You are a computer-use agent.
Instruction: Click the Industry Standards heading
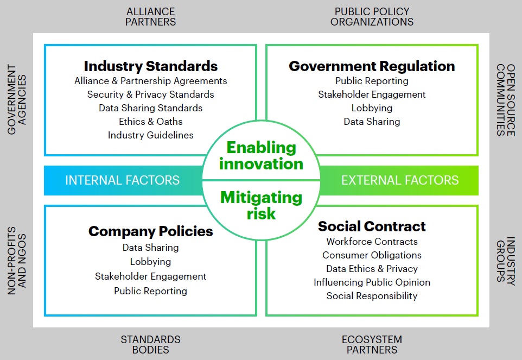coord(150,66)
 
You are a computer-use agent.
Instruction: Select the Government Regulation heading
coord(372,66)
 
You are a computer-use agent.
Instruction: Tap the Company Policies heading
coord(150,231)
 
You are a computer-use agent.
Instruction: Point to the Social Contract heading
coord(372,226)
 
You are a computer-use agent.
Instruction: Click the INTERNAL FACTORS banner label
coord(122,180)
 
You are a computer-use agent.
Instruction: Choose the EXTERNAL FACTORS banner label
coord(400,180)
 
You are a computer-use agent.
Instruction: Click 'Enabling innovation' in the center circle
coord(262,155)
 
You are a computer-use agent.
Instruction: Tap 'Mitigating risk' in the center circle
coord(262,205)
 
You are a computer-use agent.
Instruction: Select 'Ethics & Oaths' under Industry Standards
coord(150,121)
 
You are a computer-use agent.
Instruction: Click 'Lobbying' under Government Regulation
coord(372,108)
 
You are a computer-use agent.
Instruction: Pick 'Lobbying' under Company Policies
coord(150,262)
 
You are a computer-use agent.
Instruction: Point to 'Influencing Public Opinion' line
coord(372,282)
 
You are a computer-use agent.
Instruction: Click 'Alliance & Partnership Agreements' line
coord(150,81)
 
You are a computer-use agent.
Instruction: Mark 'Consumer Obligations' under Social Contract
coord(372,255)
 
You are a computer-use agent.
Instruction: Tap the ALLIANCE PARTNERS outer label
coord(150,17)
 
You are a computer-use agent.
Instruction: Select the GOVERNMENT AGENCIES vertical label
coord(17,99)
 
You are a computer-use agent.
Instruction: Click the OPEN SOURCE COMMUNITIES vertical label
coord(506,100)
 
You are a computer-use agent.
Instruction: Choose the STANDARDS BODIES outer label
coord(150,345)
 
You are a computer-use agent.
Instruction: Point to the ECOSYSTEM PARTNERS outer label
coord(372,345)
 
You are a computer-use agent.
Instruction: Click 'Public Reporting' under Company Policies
coord(150,291)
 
